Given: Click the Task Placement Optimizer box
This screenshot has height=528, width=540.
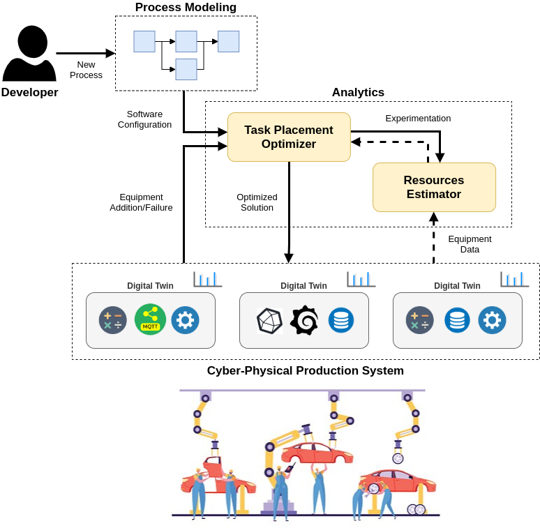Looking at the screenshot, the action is coord(289,137).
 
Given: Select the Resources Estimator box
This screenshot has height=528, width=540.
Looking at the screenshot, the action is coord(434,187).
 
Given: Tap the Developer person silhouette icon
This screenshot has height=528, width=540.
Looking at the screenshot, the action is coord(29,53).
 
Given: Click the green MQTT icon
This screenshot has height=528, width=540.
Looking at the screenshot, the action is coord(150,319).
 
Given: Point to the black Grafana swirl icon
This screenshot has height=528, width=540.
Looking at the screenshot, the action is coord(304,319).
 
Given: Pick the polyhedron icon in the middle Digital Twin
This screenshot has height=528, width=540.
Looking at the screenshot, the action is coord(270,321).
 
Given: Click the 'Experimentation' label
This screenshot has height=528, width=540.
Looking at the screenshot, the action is coord(418,119).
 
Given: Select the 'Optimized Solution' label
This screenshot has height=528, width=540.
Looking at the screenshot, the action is coord(257,202).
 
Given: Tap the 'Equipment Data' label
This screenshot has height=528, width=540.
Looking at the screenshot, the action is coord(470,244).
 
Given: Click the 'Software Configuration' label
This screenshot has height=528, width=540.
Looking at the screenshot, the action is coord(144,119).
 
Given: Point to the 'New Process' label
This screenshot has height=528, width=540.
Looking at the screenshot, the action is coord(86,70).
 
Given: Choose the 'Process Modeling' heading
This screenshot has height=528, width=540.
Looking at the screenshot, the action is coord(186,7).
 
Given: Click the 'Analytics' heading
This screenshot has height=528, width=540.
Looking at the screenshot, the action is coord(358,92).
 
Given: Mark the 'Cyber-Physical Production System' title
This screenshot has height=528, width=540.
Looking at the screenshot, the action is coord(306,370).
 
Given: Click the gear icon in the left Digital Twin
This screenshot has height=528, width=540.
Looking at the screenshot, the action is coord(186,320).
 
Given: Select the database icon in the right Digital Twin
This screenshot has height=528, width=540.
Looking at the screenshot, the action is coord(457,320).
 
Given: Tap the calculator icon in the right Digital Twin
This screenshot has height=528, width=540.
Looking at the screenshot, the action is coord(420,320).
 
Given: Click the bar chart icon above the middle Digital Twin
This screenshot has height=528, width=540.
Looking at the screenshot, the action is coord(361,279).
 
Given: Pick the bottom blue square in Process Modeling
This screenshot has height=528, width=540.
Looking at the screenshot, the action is coord(186,70).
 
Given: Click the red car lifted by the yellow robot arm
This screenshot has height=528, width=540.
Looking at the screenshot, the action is coord(317,453).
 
